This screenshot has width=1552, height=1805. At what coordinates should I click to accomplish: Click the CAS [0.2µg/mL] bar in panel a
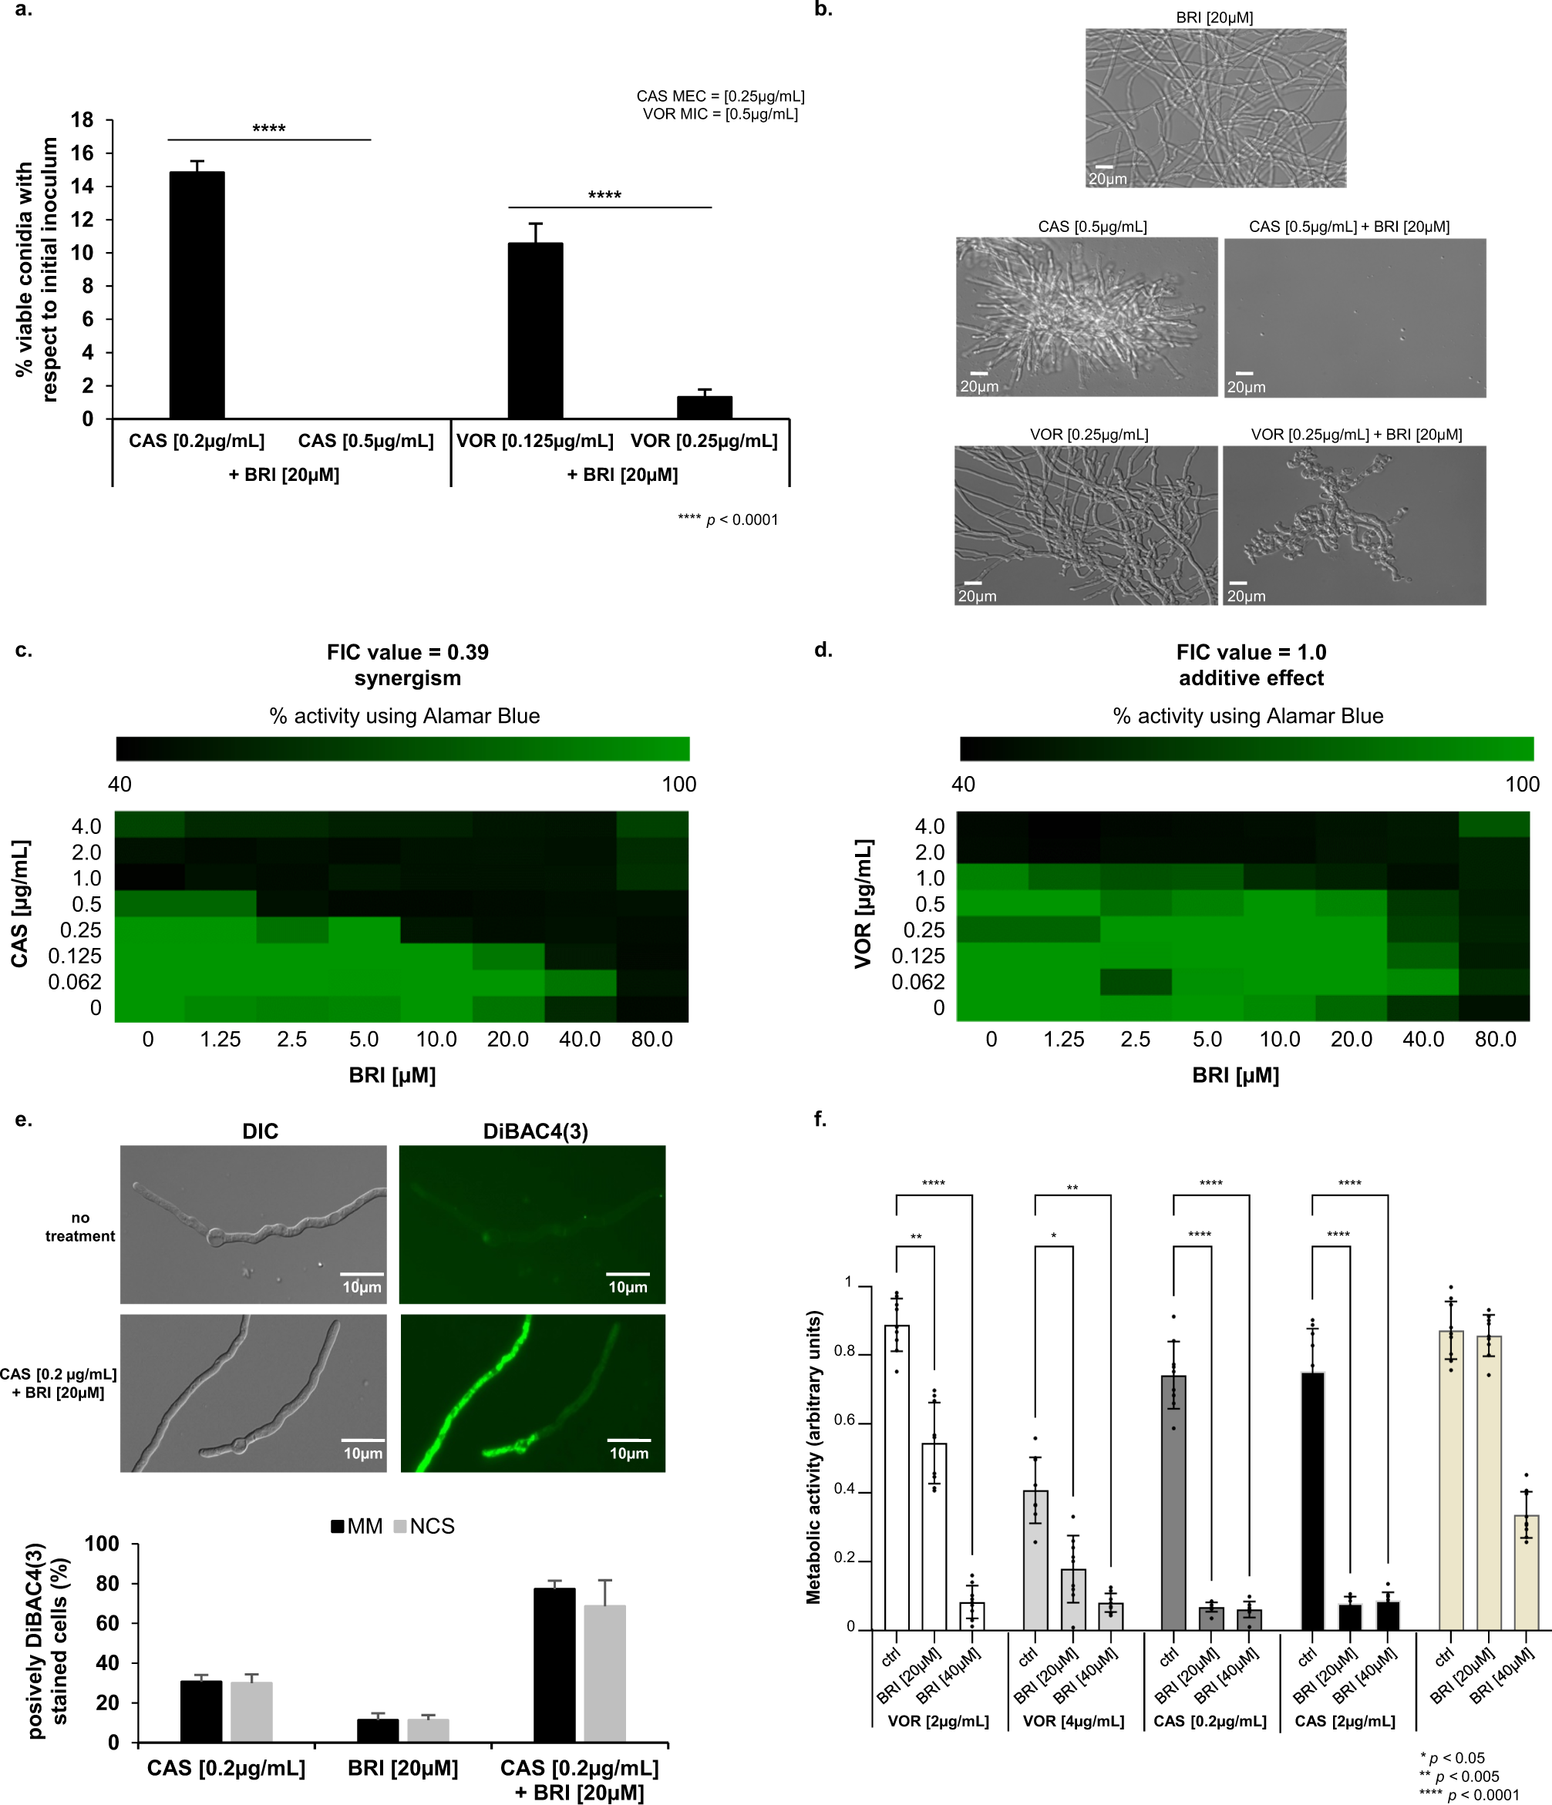[197, 296]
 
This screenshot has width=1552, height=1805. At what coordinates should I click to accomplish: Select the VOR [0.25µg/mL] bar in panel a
[704, 407]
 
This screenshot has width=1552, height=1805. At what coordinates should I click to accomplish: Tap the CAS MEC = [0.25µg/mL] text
[720, 96]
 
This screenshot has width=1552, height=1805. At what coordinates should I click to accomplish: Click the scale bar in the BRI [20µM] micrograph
[1103, 166]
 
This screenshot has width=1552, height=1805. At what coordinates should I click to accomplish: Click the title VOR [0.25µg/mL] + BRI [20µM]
[1356, 435]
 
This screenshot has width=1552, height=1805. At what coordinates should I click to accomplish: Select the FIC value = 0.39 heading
[408, 653]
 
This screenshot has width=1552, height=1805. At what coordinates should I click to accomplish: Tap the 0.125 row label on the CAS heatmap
[75, 956]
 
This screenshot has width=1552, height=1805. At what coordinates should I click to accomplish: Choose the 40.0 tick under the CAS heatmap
[580, 1039]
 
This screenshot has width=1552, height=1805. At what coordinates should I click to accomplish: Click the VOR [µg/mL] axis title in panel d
[864, 903]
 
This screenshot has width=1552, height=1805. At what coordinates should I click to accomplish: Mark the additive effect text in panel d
[1251, 679]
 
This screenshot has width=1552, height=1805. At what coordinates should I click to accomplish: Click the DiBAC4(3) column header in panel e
[535, 1131]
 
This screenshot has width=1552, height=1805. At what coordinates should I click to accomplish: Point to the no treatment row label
[80, 1226]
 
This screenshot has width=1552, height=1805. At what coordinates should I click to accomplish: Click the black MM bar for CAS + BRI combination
[554, 1665]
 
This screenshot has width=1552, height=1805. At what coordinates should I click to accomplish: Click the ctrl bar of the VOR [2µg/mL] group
[897, 1477]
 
